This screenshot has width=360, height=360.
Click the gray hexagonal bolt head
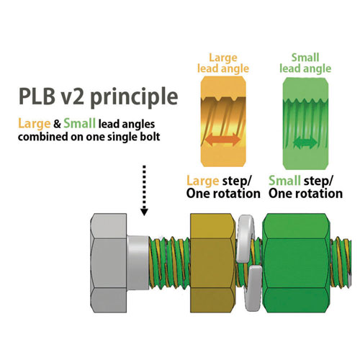pos(109,263)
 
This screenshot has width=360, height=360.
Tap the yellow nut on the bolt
pos(212,263)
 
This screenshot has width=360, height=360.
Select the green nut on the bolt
pos(296,263)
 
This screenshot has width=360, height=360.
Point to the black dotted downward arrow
pos(144,190)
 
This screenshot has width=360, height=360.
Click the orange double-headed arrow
pos(223,140)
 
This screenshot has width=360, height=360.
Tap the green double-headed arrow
pos(305,143)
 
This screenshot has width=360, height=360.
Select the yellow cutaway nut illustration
pos(223,122)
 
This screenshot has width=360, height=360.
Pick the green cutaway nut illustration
pos(305,123)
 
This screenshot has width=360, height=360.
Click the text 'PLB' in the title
pos(37,96)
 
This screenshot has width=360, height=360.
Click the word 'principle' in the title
pos(134,97)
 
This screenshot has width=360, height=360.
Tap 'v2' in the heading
pos(73,96)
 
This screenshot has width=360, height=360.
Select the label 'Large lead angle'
pos(223,63)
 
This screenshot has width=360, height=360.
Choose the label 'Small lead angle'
pos(305,63)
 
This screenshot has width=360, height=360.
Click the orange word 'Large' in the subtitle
pos(35,124)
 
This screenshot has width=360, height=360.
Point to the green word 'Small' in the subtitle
pos(80,123)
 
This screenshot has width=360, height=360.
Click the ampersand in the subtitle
pos(57,124)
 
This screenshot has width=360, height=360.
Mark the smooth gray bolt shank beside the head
pos(138,263)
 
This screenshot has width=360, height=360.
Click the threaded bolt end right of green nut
pos(341,262)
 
